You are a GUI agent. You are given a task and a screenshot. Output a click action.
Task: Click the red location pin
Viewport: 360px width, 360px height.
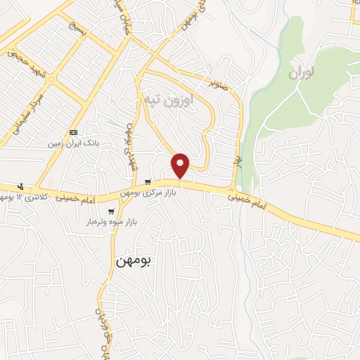(181, 166)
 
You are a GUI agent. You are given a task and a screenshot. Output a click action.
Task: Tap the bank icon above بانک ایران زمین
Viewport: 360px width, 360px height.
(74, 132)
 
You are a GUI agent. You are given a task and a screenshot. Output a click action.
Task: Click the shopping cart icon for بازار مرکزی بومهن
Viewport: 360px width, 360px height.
(147, 182)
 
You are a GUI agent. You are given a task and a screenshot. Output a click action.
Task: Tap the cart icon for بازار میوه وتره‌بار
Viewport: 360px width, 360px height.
(111, 211)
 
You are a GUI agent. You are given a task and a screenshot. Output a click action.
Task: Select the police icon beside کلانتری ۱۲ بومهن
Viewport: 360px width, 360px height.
(20, 186)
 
